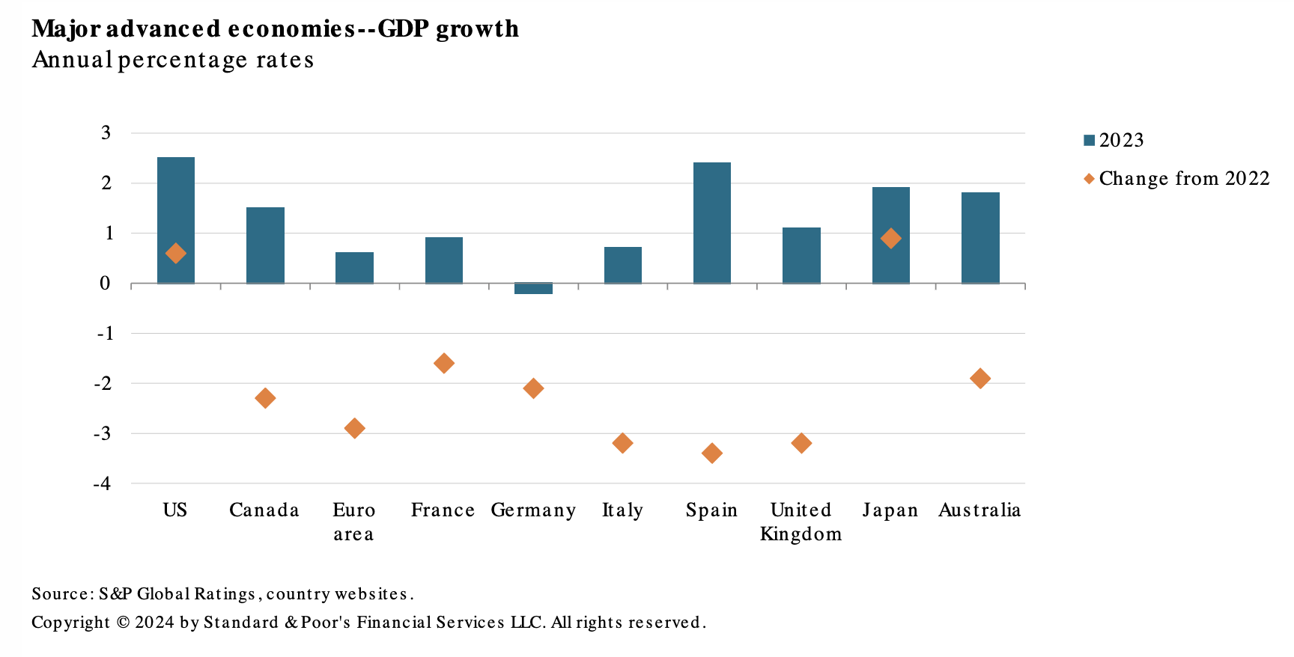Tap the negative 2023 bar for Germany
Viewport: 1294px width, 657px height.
click(x=533, y=289)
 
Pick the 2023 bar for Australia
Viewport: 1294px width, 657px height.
click(x=980, y=238)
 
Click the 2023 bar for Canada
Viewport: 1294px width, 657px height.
click(x=265, y=245)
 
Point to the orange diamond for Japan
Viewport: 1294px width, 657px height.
click(x=890, y=239)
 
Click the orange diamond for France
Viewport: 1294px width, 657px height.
click(x=443, y=364)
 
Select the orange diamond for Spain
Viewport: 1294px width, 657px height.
click(x=712, y=453)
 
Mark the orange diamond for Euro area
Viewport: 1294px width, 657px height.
click(x=354, y=429)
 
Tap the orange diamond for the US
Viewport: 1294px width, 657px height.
click(x=176, y=254)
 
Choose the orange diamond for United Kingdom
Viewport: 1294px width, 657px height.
click(x=801, y=444)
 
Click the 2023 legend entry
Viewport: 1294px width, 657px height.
click(x=1114, y=141)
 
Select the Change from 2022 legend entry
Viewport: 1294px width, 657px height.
click(x=1176, y=179)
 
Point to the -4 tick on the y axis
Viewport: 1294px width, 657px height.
click(x=102, y=483)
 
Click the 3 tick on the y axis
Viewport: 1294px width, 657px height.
click(x=106, y=133)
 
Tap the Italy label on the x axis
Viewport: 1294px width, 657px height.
click(x=622, y=510)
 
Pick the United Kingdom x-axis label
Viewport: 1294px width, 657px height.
click(x=801, y=522)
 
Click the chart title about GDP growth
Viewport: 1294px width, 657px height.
click(x=275, y=29)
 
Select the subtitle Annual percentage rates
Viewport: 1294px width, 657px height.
click(x=173, y=60)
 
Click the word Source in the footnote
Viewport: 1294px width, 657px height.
click(x=61, y=594)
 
